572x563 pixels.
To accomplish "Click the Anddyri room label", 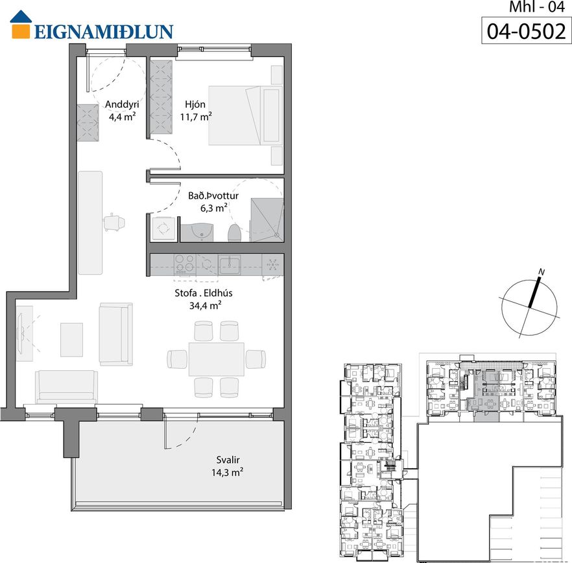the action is [122, 105].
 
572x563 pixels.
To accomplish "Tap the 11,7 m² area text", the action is [196, 117].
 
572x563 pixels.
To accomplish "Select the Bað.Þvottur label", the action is [213, 196].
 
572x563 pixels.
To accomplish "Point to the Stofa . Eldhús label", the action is [204, 293].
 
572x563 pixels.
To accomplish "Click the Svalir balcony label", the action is [228, 460].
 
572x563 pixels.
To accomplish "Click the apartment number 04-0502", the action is [527, 31].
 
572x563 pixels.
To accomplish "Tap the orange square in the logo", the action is [21, 31].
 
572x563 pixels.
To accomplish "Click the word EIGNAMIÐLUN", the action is [104, 32].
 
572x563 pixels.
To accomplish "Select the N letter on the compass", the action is [542, 272].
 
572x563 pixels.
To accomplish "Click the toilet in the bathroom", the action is [234, 232].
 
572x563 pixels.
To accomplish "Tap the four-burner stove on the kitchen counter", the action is [185, 264].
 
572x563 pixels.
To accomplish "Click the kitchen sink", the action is [230, 264].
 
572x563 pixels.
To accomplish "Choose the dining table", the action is [217, 359].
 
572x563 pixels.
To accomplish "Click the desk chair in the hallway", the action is [115, 223].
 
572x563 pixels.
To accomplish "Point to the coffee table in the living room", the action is [71, 340].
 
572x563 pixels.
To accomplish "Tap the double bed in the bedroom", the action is [246, 116].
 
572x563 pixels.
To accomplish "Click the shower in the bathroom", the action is [267, 220].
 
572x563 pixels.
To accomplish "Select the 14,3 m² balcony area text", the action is [227, 472].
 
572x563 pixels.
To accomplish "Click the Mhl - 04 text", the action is [536, 7].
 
